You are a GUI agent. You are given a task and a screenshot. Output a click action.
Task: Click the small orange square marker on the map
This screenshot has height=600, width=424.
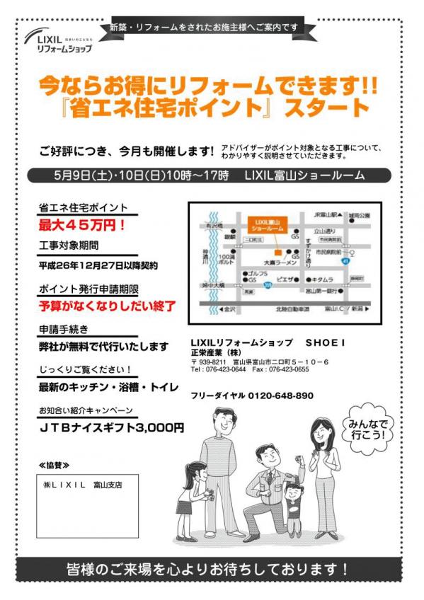click(278, 253)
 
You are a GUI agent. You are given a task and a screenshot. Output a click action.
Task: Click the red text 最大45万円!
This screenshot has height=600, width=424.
click(82, 226)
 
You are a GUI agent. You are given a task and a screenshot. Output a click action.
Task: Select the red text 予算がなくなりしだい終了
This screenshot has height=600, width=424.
click(107, 306)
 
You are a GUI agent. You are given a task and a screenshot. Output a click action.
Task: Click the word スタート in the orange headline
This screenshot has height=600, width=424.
click(336, 108)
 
